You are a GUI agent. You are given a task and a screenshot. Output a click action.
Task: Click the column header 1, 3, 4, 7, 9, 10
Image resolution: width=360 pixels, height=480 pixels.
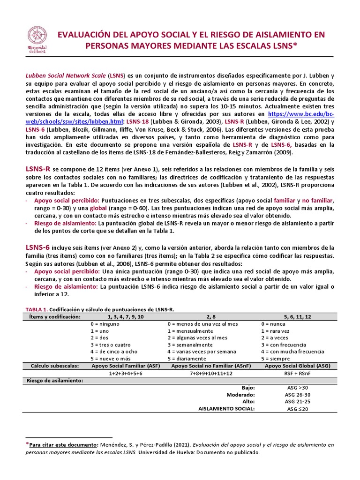point(118,317)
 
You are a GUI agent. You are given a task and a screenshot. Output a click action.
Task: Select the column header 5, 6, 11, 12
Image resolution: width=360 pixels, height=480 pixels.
point(297,317)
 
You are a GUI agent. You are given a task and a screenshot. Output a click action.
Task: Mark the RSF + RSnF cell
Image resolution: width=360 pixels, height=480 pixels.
point(297,373)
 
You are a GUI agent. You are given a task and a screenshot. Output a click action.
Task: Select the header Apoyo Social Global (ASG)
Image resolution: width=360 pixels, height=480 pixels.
point(297,366)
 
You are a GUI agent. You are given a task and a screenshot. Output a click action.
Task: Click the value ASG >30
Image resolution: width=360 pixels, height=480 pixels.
point(297,388)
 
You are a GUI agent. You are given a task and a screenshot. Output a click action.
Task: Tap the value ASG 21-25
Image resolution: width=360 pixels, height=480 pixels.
point(297,402)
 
